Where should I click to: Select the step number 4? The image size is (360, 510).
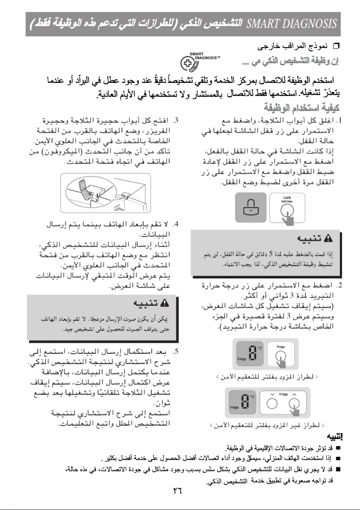click(176, 224)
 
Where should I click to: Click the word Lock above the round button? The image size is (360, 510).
click(287, 197)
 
